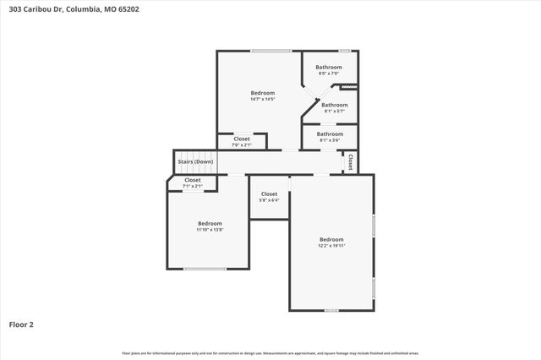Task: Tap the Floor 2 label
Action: (x=22, y=324)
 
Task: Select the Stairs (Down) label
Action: (x=195, y=161)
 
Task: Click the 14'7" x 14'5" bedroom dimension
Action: (x=263, y=99)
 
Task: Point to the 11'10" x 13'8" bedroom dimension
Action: (x=210, y=229)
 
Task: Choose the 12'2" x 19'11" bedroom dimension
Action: (x=331, y=245)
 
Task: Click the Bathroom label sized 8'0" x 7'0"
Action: (x=329, y=74)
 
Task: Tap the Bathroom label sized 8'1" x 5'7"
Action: (x=334, y=111)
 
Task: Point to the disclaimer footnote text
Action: (x=270, y=352)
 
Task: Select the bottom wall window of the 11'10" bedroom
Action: (x=204, y=269)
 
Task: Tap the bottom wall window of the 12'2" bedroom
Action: (x=331, y=310)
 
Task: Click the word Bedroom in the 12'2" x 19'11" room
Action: (x=331, y=239)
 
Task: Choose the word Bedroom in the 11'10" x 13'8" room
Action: (x=210, y=223)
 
